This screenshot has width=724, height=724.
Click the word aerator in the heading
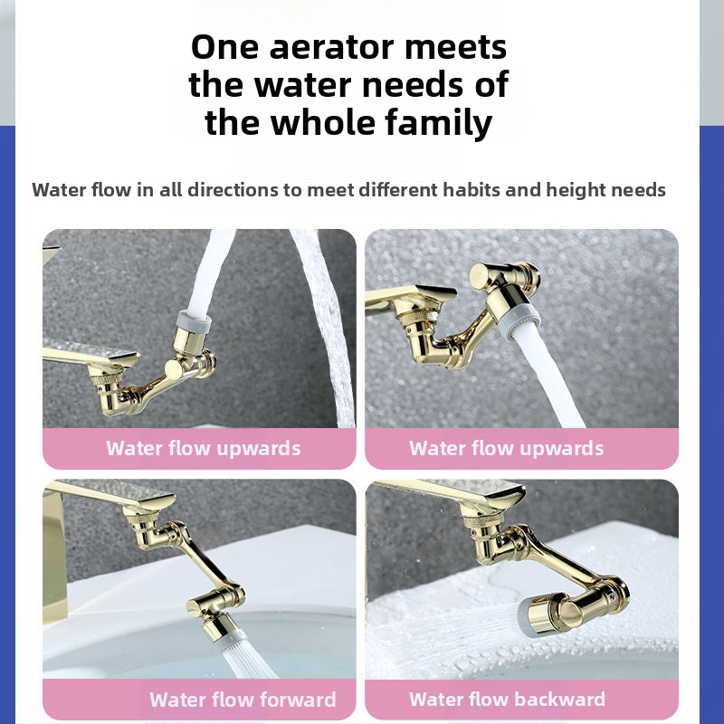[331, 47]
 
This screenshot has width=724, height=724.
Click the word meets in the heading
[456, 48]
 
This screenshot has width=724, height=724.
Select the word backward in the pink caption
[560, 699]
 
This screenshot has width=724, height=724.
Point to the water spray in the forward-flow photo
[244, 661]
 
